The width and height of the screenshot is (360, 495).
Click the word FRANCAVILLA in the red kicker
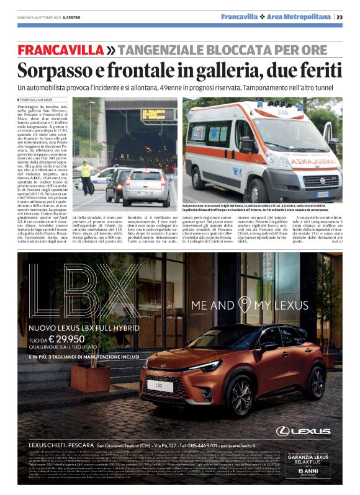click(60, 50)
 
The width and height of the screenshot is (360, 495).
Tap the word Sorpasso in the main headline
click(55, 69)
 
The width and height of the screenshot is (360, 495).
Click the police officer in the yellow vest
click(85, 174)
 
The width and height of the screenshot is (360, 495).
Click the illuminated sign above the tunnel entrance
click(158, 116)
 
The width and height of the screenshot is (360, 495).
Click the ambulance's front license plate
click(322, 194)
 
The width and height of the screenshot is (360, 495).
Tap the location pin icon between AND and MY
click(246, 305)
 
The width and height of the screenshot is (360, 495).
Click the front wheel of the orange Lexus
click(241, 396)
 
